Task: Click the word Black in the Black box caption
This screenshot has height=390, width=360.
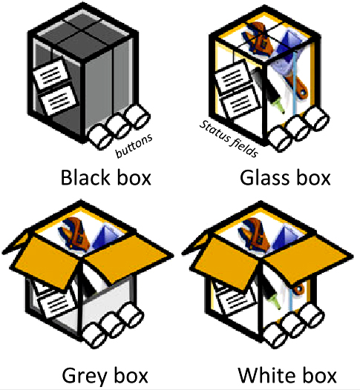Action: coord(85,178)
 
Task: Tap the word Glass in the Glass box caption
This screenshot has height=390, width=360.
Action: coord(265,178)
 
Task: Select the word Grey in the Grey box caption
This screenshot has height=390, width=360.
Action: coord(84,377)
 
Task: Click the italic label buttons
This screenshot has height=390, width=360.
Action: coord(134,146)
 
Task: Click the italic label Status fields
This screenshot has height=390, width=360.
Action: coord(229,139)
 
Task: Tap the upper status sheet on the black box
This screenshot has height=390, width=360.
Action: coord(51,73)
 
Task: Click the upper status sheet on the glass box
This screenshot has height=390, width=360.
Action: coord(232,78)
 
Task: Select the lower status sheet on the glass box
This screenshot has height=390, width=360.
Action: coord(240,102)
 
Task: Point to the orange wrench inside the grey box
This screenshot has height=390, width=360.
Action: coord(74,233)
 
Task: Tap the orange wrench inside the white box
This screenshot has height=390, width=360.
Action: coord(254,234)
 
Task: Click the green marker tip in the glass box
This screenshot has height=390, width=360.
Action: coord(280,107)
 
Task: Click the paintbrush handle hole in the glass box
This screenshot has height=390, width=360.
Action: coord(303,93)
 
